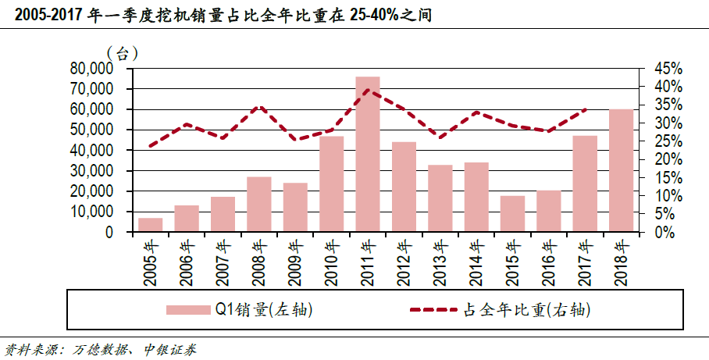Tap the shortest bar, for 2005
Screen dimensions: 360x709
(150, 225)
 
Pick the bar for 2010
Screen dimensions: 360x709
(331, 184)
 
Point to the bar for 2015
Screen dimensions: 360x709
(512, 214)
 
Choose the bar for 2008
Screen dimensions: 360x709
(258, 205)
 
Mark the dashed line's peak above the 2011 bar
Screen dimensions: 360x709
(368, 90)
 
